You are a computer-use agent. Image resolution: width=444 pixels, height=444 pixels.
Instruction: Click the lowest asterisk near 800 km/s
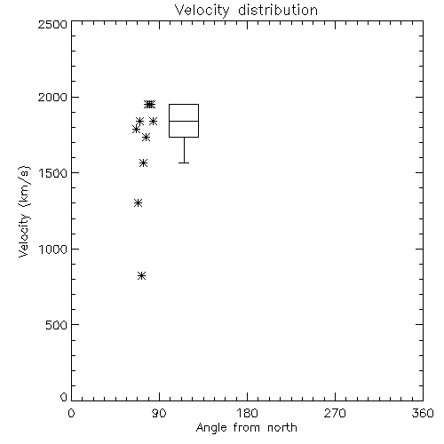click(141, 276)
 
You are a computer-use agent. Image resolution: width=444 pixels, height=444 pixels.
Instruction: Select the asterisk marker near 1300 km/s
click(138, 203)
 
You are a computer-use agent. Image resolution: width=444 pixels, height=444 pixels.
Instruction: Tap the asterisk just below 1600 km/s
click(143, 163)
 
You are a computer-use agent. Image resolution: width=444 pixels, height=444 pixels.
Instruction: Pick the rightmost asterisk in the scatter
click(153, 121)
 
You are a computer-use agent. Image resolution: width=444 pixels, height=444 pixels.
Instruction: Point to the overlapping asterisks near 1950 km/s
click(149, 104)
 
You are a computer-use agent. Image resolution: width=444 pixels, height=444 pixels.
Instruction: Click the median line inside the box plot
click(184, 121)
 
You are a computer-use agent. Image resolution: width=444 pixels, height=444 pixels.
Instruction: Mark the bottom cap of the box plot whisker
click(184, 163)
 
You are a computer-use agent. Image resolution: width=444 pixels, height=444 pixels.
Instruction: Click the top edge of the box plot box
click(184, 104)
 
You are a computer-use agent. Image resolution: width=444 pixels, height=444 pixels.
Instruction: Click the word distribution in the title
click(278, 10)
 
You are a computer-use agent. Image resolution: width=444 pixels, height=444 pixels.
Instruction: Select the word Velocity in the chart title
click(202, 11)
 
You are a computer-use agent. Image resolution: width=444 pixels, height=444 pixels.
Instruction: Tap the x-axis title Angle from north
click(247, 428)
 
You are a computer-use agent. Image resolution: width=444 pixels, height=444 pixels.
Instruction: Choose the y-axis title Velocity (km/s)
click(24, 211)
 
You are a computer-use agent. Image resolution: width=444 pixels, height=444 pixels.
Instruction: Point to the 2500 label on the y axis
click(52, 24)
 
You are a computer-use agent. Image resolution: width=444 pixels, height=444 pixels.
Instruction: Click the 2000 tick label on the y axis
click(52, 98)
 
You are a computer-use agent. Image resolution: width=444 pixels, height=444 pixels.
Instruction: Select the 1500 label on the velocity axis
click(53, 173)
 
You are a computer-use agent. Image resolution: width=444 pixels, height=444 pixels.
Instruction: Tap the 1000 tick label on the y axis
click(53, 250)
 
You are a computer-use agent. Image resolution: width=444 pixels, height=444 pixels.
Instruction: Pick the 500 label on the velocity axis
click(57, 325)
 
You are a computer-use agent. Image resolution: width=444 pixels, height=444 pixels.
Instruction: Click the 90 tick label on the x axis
click(159, 413)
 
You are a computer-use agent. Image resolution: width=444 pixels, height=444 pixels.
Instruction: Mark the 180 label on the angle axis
click(247, 413)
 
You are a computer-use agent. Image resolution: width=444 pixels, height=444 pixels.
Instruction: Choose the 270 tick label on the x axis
click(335, 413)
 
